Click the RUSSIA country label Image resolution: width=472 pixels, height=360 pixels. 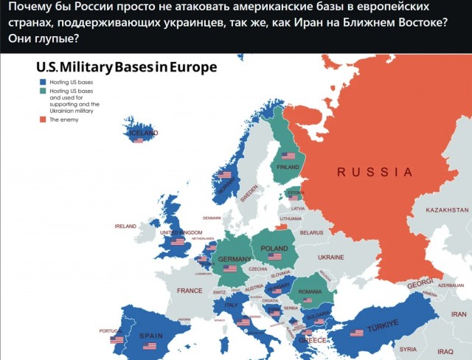[x=375, y=172]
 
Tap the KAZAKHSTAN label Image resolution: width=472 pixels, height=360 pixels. [x=447, y=210]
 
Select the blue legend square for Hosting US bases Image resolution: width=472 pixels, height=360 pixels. [x=43, y=83]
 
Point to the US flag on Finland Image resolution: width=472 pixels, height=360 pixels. [x=286, y=156]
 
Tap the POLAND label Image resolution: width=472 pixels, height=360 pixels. [x=274, y=249]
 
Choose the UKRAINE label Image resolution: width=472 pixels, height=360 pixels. [x=330, y=257]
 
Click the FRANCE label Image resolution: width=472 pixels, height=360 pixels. [x=190, y=291]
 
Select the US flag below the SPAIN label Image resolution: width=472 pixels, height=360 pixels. [x=150, y=345]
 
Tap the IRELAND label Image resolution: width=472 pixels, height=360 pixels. [x=125, y=226]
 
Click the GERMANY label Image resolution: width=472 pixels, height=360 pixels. [x=235, y=260]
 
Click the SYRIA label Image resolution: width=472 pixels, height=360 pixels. [x=408, y=349]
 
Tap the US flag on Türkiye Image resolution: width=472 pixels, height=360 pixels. [x=357, y=333]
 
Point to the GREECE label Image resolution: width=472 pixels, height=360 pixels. [x=312, y=341]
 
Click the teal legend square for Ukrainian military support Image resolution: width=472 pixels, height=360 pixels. [x=43, y=91]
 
